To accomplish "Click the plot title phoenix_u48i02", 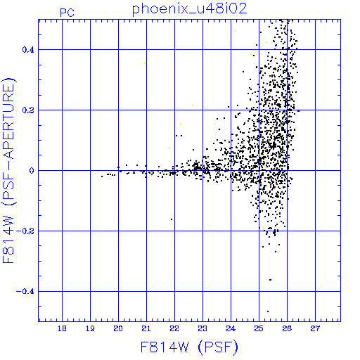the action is pyautogui.click(x=190, y=9).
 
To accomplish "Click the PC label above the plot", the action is pyautogui.click(x=67, y=13).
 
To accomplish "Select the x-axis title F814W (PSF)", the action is pyautogui.click(x=189, y=347).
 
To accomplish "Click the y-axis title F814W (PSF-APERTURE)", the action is pyautogui.click(x=8, y=171).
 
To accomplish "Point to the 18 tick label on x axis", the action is pyautogui.click(x=62, y=328).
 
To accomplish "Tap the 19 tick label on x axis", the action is pyautogui.click(x=90, y=328).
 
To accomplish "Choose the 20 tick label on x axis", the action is pyautogui.click(x=118, y=328).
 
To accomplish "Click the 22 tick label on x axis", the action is pyautogui.click(x=174, y=328).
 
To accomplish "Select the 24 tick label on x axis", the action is pyautogui.click(x=231, y=328).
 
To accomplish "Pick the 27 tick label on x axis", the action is pyautogui.click(x=315, y=328).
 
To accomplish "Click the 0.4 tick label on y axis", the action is pyautogui.click(x=28, y=50).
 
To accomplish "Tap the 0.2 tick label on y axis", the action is pyautogui.click(x=28, y=110).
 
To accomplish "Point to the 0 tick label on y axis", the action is pyautogui.click(x=32, y=171).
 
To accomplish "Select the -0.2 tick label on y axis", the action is pyautogui.click(x=25, y=231).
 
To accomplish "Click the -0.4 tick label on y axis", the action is pyautogui.click(x=25, y=292).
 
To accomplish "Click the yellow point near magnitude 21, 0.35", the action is pyautogui.click(x=145, y=63).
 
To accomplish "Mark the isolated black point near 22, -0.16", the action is pyautogui.click(x=172, y=219).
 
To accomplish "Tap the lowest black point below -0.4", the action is pyautogui.click(x=268, y=311).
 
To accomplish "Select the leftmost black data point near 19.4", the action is pyautogui.click(x=102, y=176).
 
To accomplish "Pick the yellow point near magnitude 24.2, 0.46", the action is pyautogui.click(x=236, y=31).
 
